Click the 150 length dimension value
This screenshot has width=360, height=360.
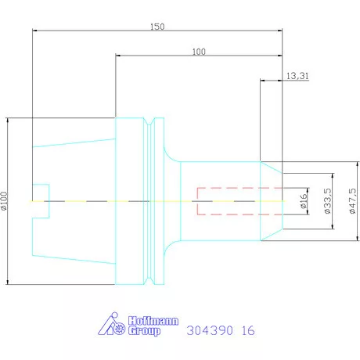(x=157, y=27)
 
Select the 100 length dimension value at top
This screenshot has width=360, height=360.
(x=199, y=52)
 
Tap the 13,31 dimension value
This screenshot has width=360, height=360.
(x=297, y=76)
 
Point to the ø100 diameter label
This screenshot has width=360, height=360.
(x=4, y=201)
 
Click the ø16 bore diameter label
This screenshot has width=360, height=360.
(x=304, y=201)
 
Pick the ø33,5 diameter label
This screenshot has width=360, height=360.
(x=328, y=201)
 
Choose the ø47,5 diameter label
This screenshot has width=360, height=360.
(x=352, y=201)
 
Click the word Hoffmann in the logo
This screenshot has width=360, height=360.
(x=153, y=321)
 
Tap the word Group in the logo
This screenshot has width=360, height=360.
(x=144, y=331)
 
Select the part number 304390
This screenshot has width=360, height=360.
(x=210, y=330)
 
